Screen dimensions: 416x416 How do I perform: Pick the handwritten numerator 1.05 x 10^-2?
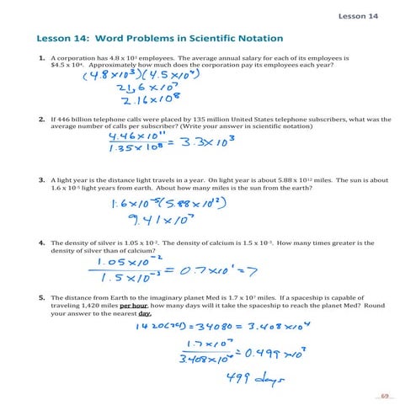pyautogui.click(x=127, y=262)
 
